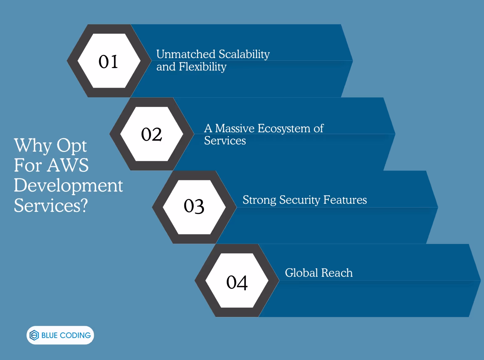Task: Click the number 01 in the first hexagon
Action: (109, 61)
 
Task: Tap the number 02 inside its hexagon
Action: (152, 134)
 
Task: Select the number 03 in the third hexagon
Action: (194, 206)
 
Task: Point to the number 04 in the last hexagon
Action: (237, 282)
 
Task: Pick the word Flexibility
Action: (203, 67)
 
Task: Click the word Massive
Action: (235, 128)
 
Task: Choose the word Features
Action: (345, 200)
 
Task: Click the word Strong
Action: (259, 200)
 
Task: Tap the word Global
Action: (301, 273)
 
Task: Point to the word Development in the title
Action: (68, 186)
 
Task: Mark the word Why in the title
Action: (33, 146)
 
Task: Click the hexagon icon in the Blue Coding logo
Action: (34, 335)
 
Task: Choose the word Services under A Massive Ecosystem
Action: (225, 141)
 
